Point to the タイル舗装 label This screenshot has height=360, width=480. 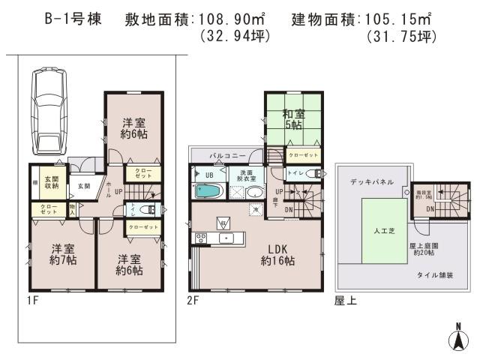tap(435, 275)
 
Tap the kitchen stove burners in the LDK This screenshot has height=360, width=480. tap(201, 238)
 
